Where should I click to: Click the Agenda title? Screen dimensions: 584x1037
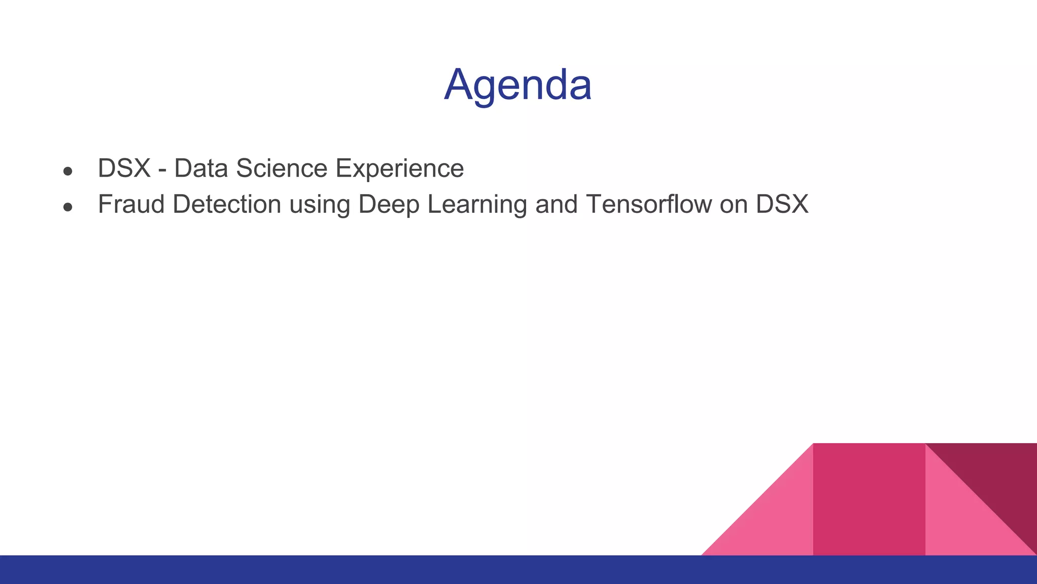point(517,85)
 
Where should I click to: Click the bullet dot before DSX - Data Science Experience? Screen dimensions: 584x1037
point(68,171)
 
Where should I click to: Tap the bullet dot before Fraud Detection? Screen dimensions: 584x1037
point(68,207)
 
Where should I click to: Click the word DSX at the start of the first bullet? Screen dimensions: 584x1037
point(124,168)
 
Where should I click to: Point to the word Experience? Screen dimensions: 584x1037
point(400,168)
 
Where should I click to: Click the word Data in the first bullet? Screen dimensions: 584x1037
point(201,168)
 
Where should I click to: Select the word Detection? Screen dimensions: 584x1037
point(227,204)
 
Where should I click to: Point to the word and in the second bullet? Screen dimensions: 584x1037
point(556,204)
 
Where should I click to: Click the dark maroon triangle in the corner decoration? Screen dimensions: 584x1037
point(998,477)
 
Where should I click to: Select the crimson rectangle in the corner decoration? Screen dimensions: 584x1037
point(869,499)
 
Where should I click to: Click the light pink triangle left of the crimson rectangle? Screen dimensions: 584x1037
point(775,522)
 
